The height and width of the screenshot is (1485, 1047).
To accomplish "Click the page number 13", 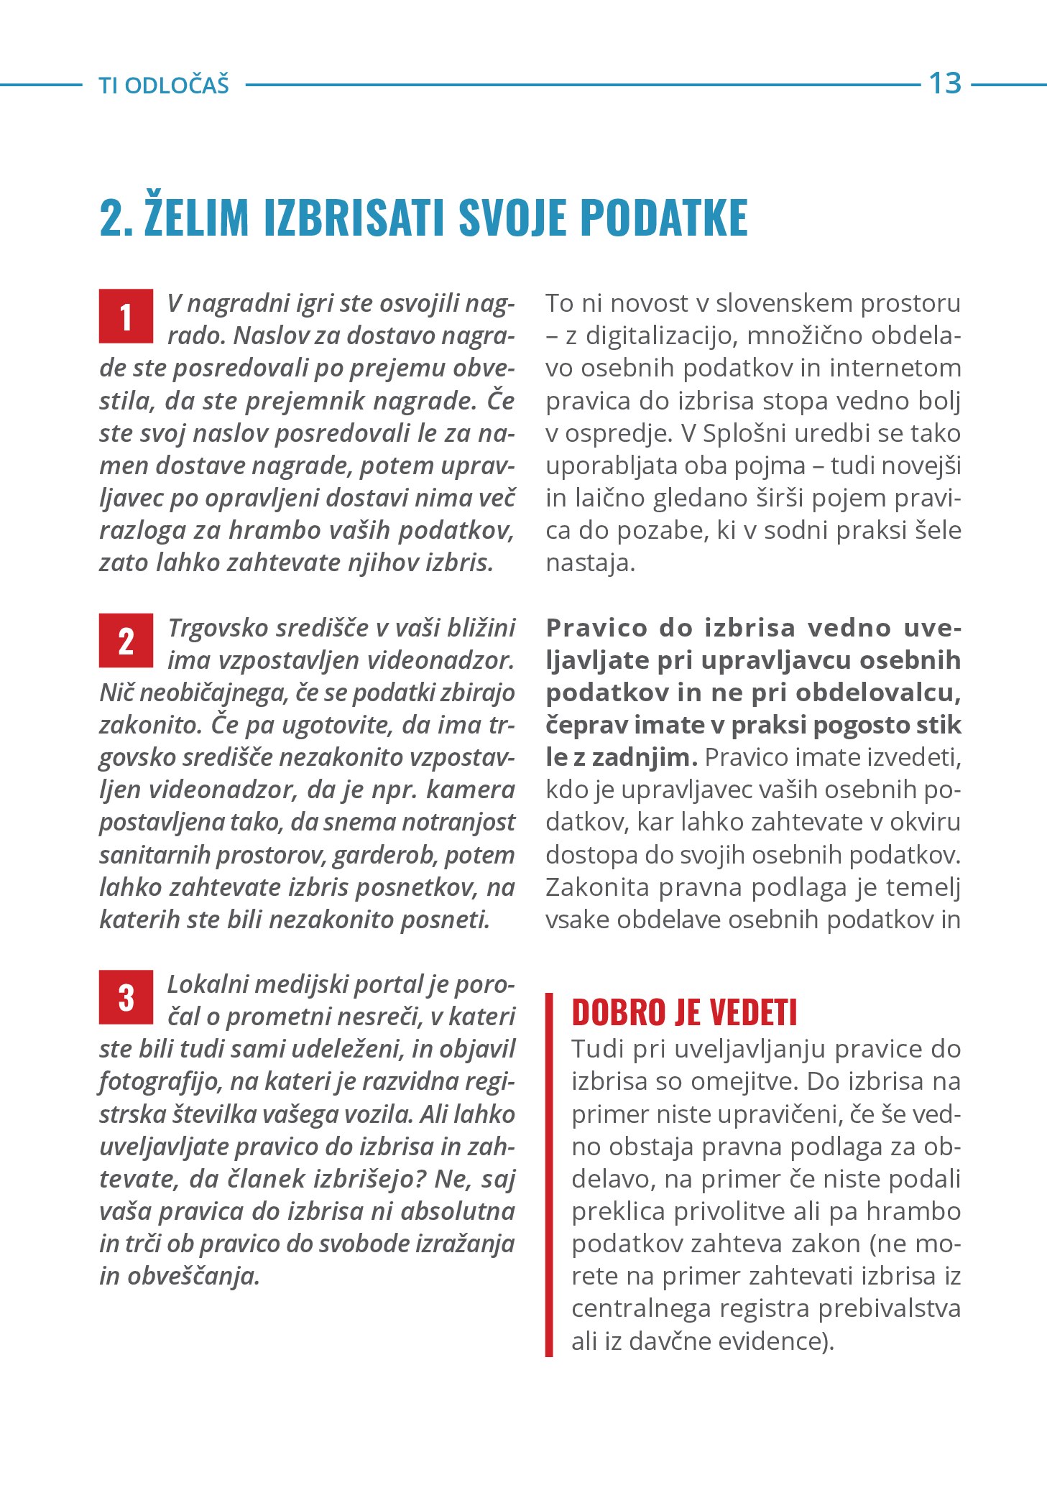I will (x=945, y=83).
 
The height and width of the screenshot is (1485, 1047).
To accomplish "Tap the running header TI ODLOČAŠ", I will (x=164, y=85).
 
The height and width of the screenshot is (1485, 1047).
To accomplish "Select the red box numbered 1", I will (x=126, y=316).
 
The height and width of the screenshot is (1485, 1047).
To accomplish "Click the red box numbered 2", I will (x=126, y=640).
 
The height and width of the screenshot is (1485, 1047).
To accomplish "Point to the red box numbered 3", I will (x=126, y=996).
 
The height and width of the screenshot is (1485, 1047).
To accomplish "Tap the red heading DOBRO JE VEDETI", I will (x=684, y=1012).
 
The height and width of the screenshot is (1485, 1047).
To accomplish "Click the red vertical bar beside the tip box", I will (x=549, y=1175).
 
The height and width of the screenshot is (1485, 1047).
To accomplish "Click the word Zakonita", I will (x=597, y=887).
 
